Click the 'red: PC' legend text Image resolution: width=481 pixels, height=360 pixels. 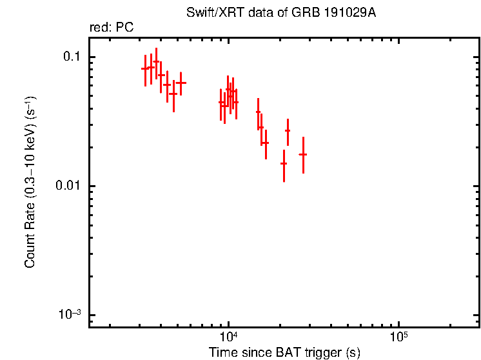pyautogui.click(x=111, y=28)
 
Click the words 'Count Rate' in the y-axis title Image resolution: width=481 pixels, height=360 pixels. pyautogui.click(x=30, y=237)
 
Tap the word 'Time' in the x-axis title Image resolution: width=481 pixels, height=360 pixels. pyautogui.click(x=222, y=353)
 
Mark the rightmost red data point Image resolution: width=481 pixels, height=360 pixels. pyautogui.click(x=302, y=154)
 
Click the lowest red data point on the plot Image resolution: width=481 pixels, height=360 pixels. pyautogui.click(x=284, y=163)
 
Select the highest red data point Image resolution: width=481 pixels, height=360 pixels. pyautogui.click(x=156, y=62)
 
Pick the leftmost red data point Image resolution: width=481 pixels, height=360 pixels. pyautogui.click(x=145, y=68)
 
